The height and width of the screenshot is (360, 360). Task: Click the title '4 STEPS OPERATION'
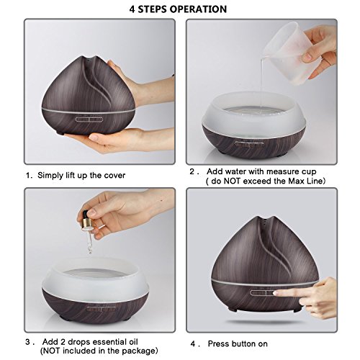pos(179,9)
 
